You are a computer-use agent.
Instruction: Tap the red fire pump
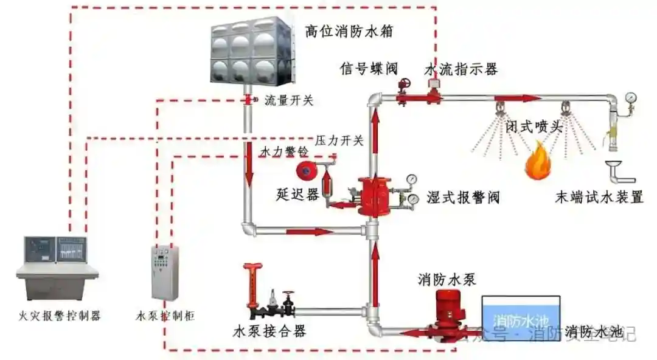tap(449, 313)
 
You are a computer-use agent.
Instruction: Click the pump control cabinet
tap(164, 272)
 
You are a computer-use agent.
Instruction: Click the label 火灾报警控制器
tap(59, 316)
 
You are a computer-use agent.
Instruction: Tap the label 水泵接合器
tap(269, 331)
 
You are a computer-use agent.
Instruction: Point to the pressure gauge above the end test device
tap(631, 97)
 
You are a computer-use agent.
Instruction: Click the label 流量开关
tap(289, 100)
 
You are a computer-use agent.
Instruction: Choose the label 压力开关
tap(339, 140)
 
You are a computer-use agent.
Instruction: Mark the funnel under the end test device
tap(614, 167)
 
